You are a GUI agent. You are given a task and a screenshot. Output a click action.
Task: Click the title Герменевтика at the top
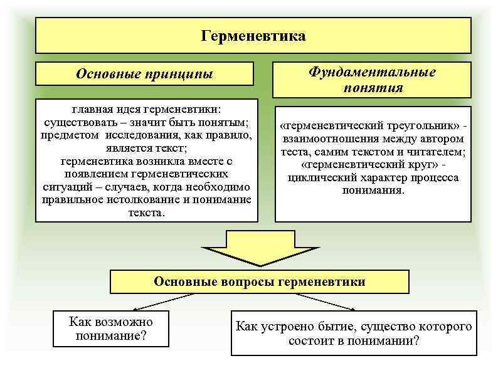pyautogui.click(x=253, y=36)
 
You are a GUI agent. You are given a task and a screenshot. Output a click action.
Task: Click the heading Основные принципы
pyautogui.click(x=144, y=74)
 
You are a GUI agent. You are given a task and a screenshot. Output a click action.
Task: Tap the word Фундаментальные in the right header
pyautogui.click(x=372, y=72)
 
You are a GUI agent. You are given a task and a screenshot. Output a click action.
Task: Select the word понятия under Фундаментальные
pyautogui.click(x=373, y=88)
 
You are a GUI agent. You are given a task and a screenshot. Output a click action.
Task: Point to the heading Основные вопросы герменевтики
pyautogui.click(x=259, y=281)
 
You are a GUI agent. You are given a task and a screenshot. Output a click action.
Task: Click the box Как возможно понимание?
pyautogui.click(x=110, y=329)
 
